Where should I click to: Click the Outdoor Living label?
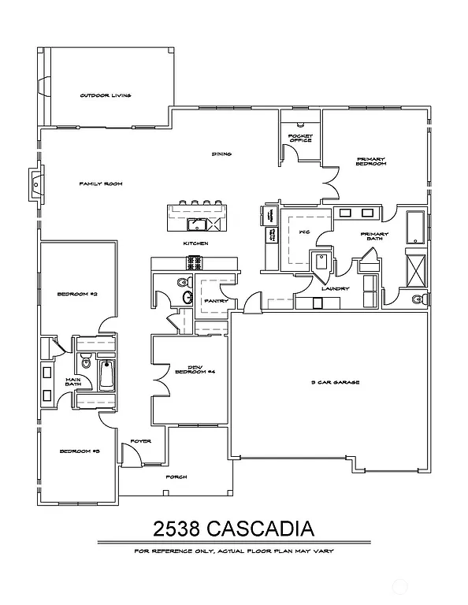coord(105,95)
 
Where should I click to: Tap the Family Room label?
coord(101,184)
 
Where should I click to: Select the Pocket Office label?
coord(300,139)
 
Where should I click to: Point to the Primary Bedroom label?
coord(370,161)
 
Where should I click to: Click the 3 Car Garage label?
coord(336,382)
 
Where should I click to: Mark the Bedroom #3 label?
coord(79,451)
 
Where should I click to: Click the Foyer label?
coord(140,441)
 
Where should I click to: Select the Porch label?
coord(176,477)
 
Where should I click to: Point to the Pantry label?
coord(215,301)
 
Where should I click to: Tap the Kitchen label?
coord(195,243)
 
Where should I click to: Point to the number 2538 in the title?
coord(181,526)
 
